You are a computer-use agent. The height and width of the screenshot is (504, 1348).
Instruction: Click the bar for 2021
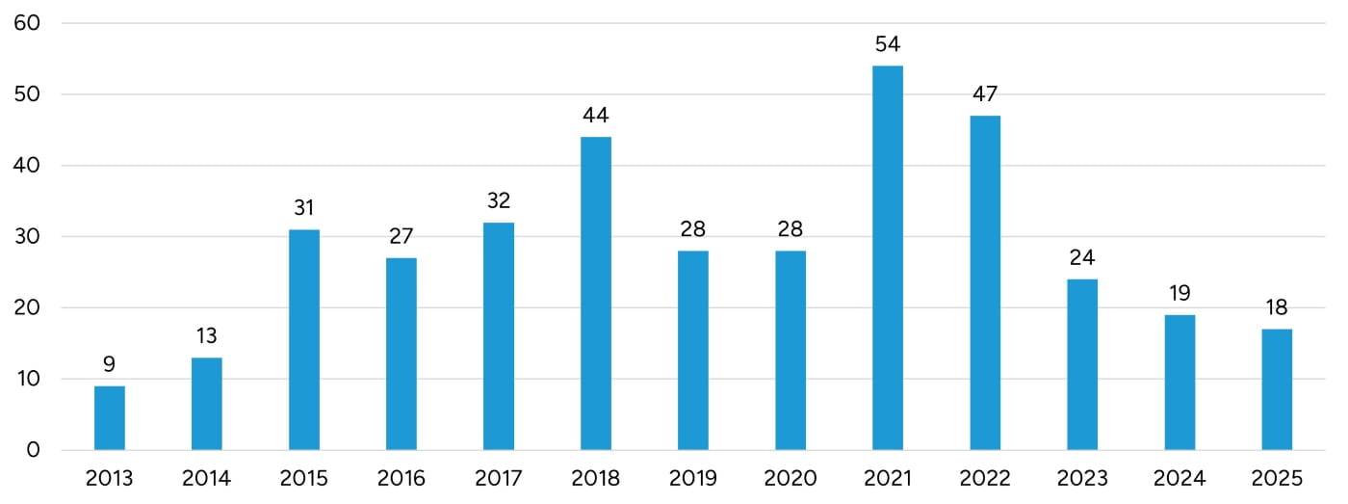pyautogui.click(x=887, y=258)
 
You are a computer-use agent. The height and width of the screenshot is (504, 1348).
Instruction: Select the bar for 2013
pyautogui.click(x=110, y=418)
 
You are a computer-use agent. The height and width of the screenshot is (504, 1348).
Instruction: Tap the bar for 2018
pyautogui.click(x=596, y=294)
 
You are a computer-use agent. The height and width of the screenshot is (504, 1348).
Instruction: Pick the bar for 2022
pyautogui.click(x=985, y=283)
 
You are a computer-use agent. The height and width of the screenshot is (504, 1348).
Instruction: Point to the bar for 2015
pyautogui.click(x=304, y=340)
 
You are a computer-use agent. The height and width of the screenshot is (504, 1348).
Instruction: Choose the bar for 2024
pyautogui.click(x=1179, y=383)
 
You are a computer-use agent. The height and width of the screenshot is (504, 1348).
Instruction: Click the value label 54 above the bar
pyautogui.click(x=887, y=44)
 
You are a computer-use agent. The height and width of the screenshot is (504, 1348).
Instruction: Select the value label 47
pyautogui.click(x=985, y=94)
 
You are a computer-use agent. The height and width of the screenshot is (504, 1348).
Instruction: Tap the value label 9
pyautogui.click(x=110, y=364)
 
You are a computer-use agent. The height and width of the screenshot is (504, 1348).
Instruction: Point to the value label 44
pyautogui.click(x=596, y=116)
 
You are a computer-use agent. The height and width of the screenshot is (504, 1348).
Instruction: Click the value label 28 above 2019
pyautogui.click(x=693, y=229)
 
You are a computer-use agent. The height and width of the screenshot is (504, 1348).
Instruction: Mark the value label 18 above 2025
pyautogui.click(x=1277, y=308)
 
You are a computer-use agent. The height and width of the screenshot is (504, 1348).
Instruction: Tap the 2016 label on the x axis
pyautogui.click(x=402, y=479)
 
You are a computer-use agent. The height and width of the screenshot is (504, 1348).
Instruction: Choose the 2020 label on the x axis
pyautogui.click(x=791, y=479)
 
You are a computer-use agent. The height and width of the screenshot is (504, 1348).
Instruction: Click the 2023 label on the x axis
pyautogui.click(x=1082, y=479)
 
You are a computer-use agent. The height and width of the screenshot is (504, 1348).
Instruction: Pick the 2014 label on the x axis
pyautogui.click(x=207, y=479)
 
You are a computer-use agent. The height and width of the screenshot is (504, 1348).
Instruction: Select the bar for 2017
pyautogui.click(x=499, y=336)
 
